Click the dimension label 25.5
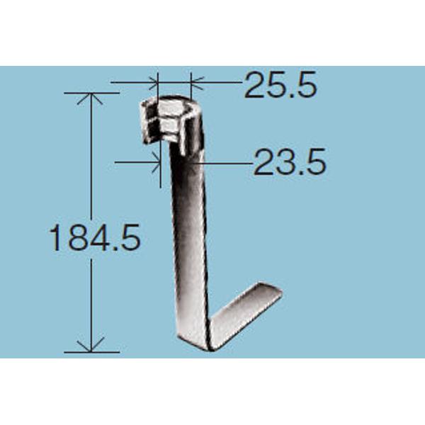280,84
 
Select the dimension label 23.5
290,161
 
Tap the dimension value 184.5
95,237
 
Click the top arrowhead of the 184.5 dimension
91,98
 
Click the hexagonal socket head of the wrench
171,122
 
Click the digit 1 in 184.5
55,238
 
